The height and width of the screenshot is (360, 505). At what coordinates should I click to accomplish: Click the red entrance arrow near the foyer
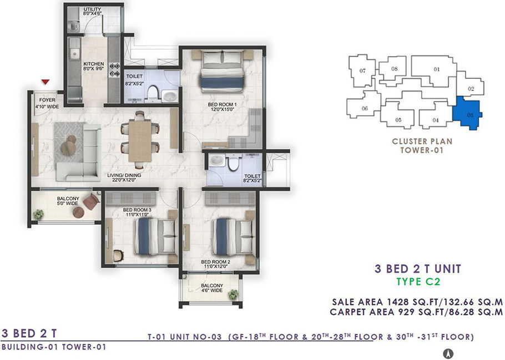(46, 82)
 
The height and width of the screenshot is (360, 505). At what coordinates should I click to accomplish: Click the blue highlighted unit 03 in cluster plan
(467, 113)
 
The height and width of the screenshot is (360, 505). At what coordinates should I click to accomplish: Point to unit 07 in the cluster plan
(362, 71)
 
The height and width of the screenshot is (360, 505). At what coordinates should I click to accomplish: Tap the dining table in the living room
(140, 141)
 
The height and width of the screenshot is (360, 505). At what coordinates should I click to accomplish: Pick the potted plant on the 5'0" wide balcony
(38, 214)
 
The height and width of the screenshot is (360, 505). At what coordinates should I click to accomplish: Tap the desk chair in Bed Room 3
(119, 256)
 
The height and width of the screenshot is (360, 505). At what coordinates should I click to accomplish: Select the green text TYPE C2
(418, 282)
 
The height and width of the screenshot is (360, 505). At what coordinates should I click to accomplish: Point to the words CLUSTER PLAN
(422, 141)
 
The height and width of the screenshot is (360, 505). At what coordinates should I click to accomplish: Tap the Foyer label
(47, 100)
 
